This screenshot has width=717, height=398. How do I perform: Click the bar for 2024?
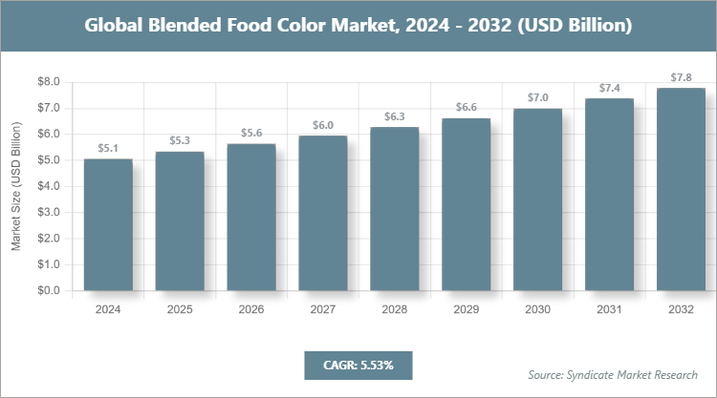[x=107, y=224]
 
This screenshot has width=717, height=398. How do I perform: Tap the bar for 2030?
[x=537, y=199]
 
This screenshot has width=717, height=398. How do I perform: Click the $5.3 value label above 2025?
[x=179, y=141]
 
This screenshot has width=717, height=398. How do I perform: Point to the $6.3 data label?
[x=394, y=116]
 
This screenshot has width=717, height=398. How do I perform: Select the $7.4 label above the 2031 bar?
[x=609, y=88]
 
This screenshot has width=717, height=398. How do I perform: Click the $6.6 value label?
[x=466, y=108]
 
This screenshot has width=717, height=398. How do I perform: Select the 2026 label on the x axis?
[x=250, y=310]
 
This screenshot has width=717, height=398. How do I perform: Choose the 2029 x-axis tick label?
[x=466, y=310]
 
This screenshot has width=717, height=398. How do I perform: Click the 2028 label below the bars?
[x=394, y=310]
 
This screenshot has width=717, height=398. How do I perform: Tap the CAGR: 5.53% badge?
[x=358, y=365]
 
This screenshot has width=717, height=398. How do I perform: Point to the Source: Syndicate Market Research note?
[x=613, y=374]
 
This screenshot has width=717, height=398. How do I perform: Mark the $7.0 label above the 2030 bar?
[x=537, y=98]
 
